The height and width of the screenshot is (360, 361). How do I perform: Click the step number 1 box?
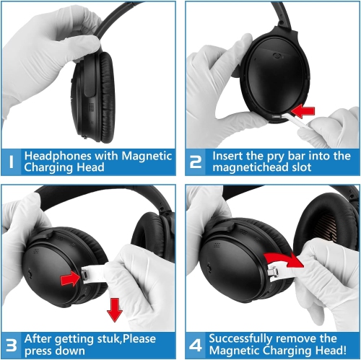(11, 162)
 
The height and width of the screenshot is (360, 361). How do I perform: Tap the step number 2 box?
(196, 162)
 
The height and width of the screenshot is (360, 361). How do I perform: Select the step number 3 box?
(11, 346)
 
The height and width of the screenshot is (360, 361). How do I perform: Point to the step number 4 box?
(196, 346)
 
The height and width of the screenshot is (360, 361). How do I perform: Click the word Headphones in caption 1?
(58, 157)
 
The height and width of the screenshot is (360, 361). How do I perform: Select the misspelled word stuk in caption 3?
(109, 339)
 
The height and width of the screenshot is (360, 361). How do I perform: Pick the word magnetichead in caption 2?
(251, 167)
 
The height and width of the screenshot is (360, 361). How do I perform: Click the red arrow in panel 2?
(303, 111)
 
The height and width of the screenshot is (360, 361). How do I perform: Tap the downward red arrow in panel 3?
(115, 310)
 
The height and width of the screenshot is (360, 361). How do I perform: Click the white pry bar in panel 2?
(294, 120)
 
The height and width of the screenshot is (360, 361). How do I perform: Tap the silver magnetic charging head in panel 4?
(273, 271)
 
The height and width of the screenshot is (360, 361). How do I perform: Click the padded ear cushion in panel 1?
(108, 97)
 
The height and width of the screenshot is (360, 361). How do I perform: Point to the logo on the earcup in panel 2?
(278, 56)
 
